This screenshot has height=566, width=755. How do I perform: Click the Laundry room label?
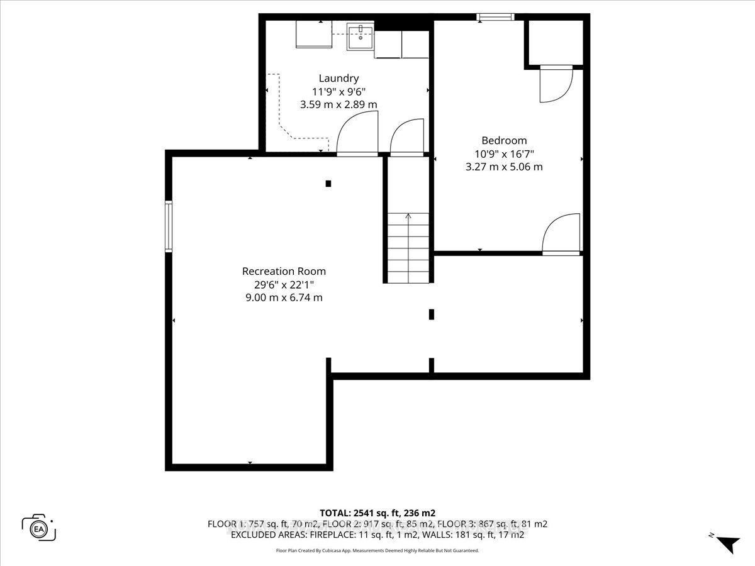click(x=338, y=79)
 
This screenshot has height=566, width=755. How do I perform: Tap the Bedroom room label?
click(x=504, y=141)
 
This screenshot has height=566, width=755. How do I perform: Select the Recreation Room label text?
click(x=284, y=271)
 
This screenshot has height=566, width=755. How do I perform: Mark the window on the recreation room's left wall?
click(x=169, y=226)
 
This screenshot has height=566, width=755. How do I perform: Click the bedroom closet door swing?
click(x=555, y=84)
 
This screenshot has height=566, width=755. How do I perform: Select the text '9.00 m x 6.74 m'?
click(x=284, y=297)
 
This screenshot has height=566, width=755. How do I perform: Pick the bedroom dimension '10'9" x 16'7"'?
click(x=504, y=154)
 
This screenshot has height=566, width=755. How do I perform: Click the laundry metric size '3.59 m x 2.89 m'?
click(x=338, y=104)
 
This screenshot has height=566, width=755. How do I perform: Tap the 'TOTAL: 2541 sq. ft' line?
click(x=377, y=512)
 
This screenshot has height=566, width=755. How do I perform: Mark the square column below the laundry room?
click(x=328, y=184)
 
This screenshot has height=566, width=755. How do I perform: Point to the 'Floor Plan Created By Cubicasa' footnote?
click(x=377, y=550)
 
